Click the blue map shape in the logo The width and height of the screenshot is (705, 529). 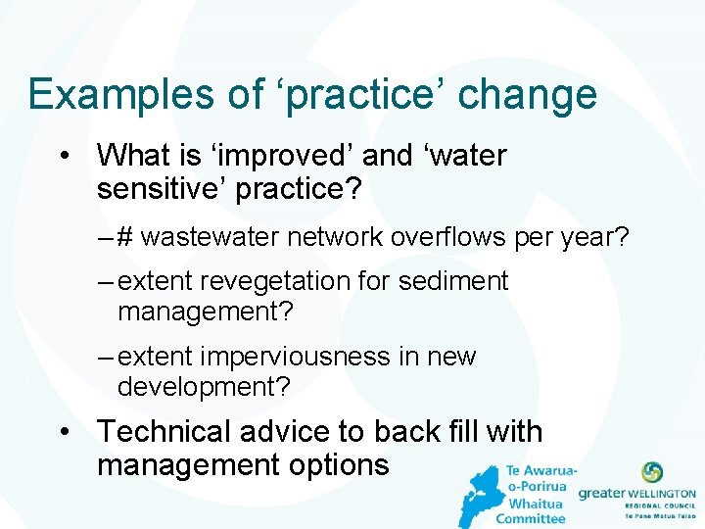(479, 495)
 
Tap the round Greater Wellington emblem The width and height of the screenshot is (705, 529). (651, 472)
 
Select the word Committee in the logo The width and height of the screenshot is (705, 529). (531, 518)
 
